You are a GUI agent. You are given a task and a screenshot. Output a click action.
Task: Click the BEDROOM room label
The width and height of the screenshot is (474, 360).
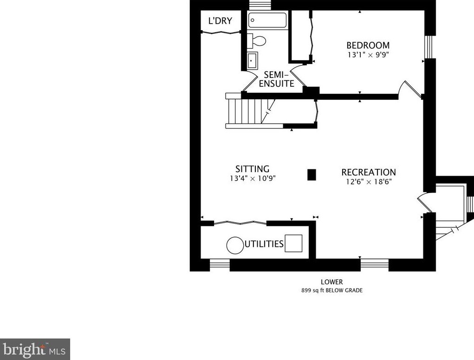pos(368,45)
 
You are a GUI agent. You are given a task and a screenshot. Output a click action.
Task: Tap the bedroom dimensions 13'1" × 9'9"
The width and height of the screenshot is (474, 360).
pos(368,54)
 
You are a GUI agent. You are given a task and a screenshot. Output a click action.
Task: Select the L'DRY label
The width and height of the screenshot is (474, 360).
pos(220,21)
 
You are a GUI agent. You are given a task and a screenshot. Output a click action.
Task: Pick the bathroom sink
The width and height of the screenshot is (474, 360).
pos(252,61)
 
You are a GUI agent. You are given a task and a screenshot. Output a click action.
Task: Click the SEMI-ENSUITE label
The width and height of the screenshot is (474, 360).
pos(276,79)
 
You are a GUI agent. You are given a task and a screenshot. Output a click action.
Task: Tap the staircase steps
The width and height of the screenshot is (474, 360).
pos(246,111)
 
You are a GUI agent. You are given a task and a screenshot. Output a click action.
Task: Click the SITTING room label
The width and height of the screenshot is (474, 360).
pos(252,169)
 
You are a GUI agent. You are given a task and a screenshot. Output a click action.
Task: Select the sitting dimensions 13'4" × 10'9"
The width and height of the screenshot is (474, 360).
pos(252,178)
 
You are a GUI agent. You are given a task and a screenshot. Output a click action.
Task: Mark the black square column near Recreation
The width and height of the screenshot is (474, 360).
pos(312,174)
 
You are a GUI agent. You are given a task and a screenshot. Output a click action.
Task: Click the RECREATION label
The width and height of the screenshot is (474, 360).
pos(369,172)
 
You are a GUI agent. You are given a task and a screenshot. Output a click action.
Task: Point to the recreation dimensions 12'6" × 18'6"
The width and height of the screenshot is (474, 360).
pos(369,181)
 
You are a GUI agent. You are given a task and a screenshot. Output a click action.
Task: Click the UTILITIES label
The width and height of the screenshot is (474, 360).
pos(264,244)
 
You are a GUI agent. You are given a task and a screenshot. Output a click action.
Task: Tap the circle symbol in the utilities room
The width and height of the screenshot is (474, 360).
pos(235,244)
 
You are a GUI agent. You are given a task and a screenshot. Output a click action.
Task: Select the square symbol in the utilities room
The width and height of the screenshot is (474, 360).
pos(293,243)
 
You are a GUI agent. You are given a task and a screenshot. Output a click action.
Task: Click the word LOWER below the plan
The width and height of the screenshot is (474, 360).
pos(331,282)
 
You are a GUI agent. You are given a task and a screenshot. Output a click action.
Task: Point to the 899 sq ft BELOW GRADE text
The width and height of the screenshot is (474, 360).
pos(331,290)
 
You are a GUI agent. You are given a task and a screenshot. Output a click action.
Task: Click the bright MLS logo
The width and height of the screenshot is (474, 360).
pos(35,348)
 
